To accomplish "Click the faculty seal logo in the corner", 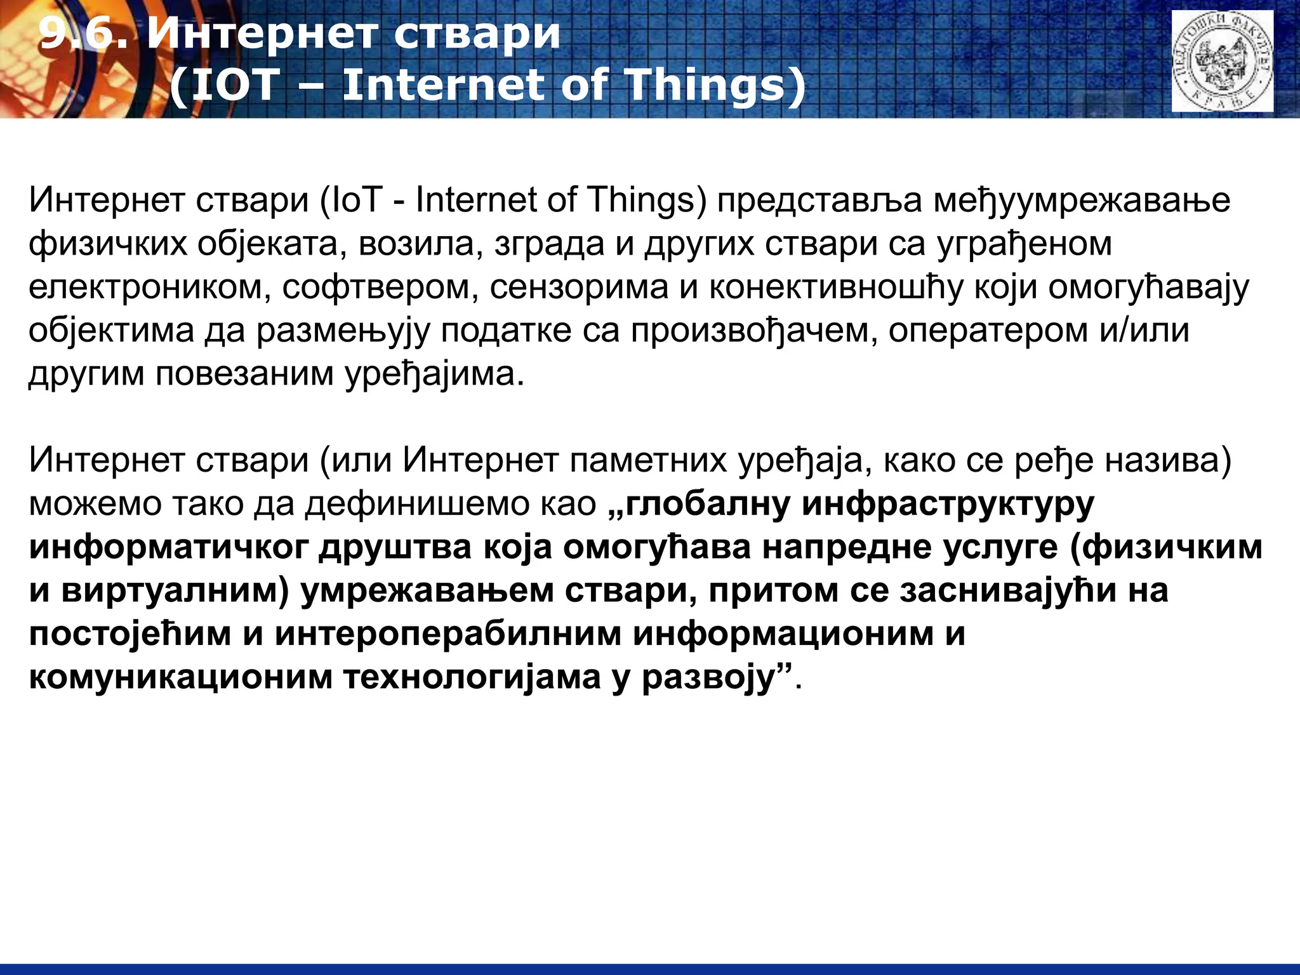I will pos(1222,62).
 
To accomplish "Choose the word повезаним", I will pos(245,374).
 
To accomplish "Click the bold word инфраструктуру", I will pos(948,504).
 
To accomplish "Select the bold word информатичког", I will pos(168,547).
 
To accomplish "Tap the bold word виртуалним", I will pos(175,590).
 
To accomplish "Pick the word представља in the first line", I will pos(819,201).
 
